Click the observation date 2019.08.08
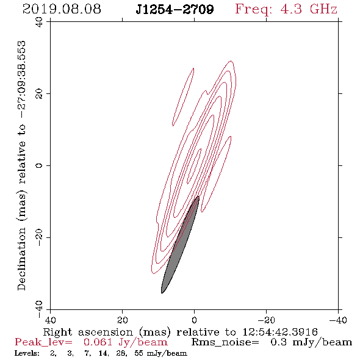[x=62, y=9]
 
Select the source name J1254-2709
[x=175, y=9]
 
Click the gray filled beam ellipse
[x=180, y=245]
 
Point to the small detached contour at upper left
[x=183, y=97]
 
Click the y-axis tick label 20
[x=39, y=94]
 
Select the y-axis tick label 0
[x=39, y=165]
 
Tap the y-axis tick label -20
[x=39, y=237]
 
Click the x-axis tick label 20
[x=123, y=320]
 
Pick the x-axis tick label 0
[x=194, y=320]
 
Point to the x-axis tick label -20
[x=266, y=320]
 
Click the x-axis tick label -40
[x=338, y=320]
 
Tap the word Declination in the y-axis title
[x=21, y=259]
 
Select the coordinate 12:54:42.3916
[x=280, y=332]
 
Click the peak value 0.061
[x=98, y=342]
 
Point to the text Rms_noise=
[x=225, y=342]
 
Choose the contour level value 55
[x=139, y=353]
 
